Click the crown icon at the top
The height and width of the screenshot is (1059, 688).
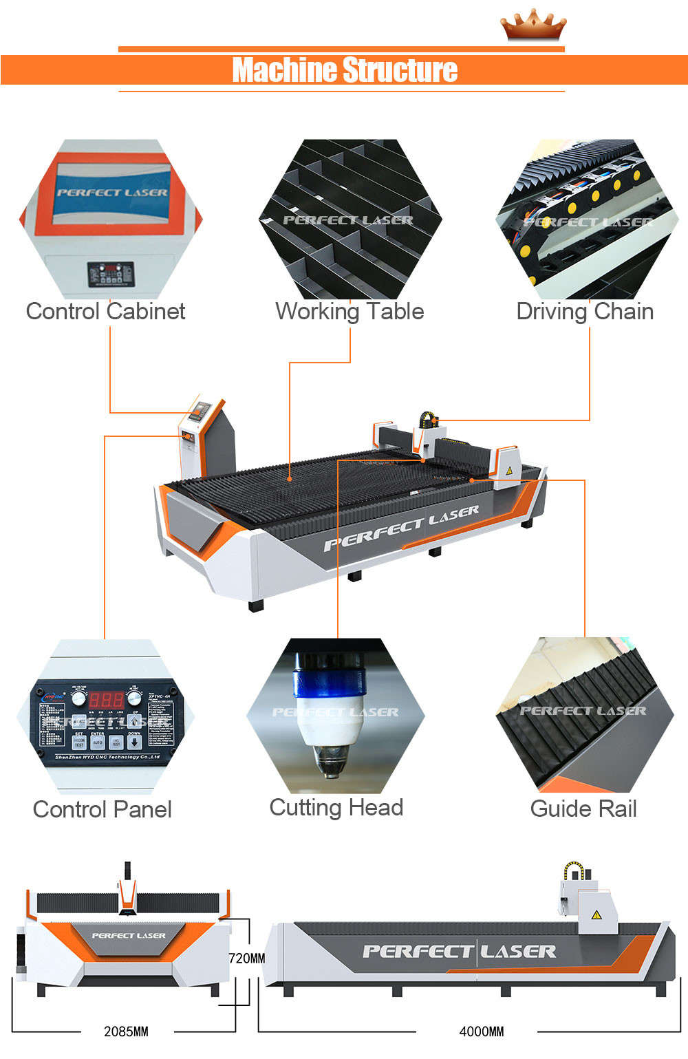[533, 26]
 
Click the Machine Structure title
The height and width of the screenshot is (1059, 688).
[344, 70]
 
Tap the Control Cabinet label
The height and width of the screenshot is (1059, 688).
[105, 312]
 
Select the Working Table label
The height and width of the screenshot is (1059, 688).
[350, 312]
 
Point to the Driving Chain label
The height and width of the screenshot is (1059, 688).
[585, 312]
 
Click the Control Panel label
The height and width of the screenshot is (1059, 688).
[103, 809]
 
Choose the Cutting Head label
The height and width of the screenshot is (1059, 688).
[336, 807]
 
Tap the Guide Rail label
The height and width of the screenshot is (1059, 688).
[583, 809]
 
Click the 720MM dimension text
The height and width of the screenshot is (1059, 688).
[246, 958]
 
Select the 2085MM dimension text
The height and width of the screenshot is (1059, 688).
[126, 1031]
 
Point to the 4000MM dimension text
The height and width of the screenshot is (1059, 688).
[482, 1031]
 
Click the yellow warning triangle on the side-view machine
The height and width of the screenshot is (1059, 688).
[596, 914]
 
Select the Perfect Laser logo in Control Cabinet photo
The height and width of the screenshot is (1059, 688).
[112, 193]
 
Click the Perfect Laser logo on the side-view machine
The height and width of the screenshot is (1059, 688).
[459, 952]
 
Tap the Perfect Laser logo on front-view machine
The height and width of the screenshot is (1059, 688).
[129, 936]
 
